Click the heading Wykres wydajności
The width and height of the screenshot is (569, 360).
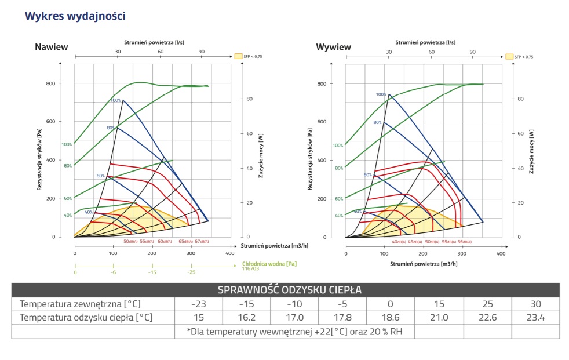[x=75, y=16]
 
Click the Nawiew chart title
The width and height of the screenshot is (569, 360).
[x=52, y=47]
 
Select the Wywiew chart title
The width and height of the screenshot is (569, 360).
[x=333, y=47]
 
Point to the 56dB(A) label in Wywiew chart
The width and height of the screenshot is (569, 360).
[x=464, y=242]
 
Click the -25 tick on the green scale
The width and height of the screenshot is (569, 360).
[x=191, y=272]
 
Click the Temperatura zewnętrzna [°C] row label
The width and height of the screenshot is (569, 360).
[x=80, y=304]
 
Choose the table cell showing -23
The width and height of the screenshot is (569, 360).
[x=199, y=304]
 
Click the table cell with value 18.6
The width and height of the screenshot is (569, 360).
[x=390, y=318]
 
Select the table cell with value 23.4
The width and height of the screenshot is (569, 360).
[x=535, y=318]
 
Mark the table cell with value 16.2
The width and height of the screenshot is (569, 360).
[x=246, y=318]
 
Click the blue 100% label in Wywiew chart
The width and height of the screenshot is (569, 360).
[x=381, y=94]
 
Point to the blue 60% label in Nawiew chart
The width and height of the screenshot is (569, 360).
[x=100, y=176]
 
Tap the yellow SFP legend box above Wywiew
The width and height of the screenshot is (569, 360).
[x=509, y=57]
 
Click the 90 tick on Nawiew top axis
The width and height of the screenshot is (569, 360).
[x=202, y=52]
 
